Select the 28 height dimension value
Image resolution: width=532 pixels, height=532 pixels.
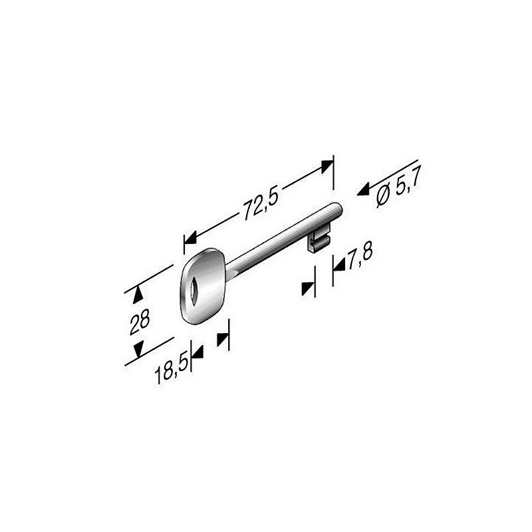point(140,322)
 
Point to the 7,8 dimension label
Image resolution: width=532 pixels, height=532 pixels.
point(360,255)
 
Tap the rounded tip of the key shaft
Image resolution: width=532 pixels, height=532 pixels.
point(338,209)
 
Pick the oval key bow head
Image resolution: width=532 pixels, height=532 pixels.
point(203,286)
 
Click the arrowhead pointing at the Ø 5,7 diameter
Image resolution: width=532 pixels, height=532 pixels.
point(363,191)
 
